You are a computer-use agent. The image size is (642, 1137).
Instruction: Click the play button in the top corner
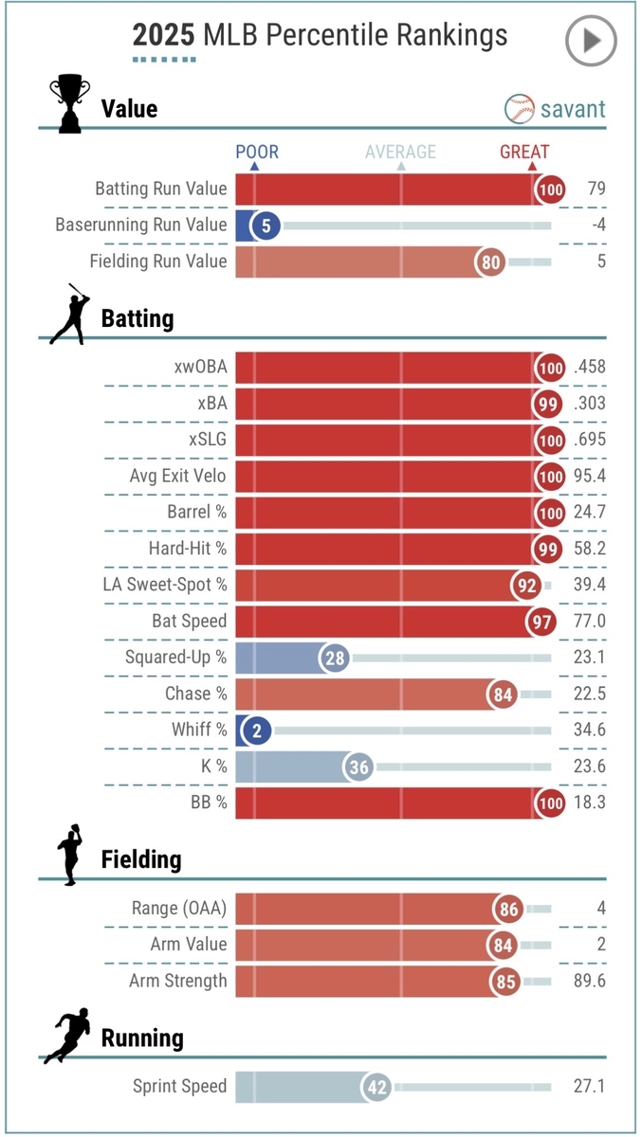tap(591, 40)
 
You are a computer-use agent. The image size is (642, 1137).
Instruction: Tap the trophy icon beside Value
tap(69, 103)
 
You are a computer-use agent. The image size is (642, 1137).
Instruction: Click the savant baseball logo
tap(519, 108)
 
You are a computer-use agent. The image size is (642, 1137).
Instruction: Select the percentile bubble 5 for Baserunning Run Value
tap(266, 226)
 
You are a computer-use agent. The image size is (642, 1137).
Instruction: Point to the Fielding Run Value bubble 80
tap(491, 262)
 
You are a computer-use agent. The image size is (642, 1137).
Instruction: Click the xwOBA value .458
tap(589, 368)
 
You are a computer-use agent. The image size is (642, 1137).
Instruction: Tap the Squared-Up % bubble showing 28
tap(334, 658)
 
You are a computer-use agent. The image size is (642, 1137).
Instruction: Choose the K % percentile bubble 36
tap(358, 767)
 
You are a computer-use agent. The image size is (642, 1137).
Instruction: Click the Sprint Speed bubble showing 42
tap(377, 1087)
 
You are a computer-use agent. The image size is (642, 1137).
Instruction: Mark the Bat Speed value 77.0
tap(590, 622)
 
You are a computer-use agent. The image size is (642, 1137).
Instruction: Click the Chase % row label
tap(196, 694)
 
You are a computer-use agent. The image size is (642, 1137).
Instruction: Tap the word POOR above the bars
tap(257, 152)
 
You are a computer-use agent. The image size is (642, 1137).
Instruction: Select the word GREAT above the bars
tap(524, 152)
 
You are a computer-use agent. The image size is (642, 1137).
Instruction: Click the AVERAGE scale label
tap(401, 152)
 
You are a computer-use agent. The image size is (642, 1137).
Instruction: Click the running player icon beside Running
tap(68, 1036)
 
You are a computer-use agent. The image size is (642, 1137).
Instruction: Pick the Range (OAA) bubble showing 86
tap(509, 910)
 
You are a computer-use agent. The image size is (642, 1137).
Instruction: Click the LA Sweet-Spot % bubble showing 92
tap(526, 586)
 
